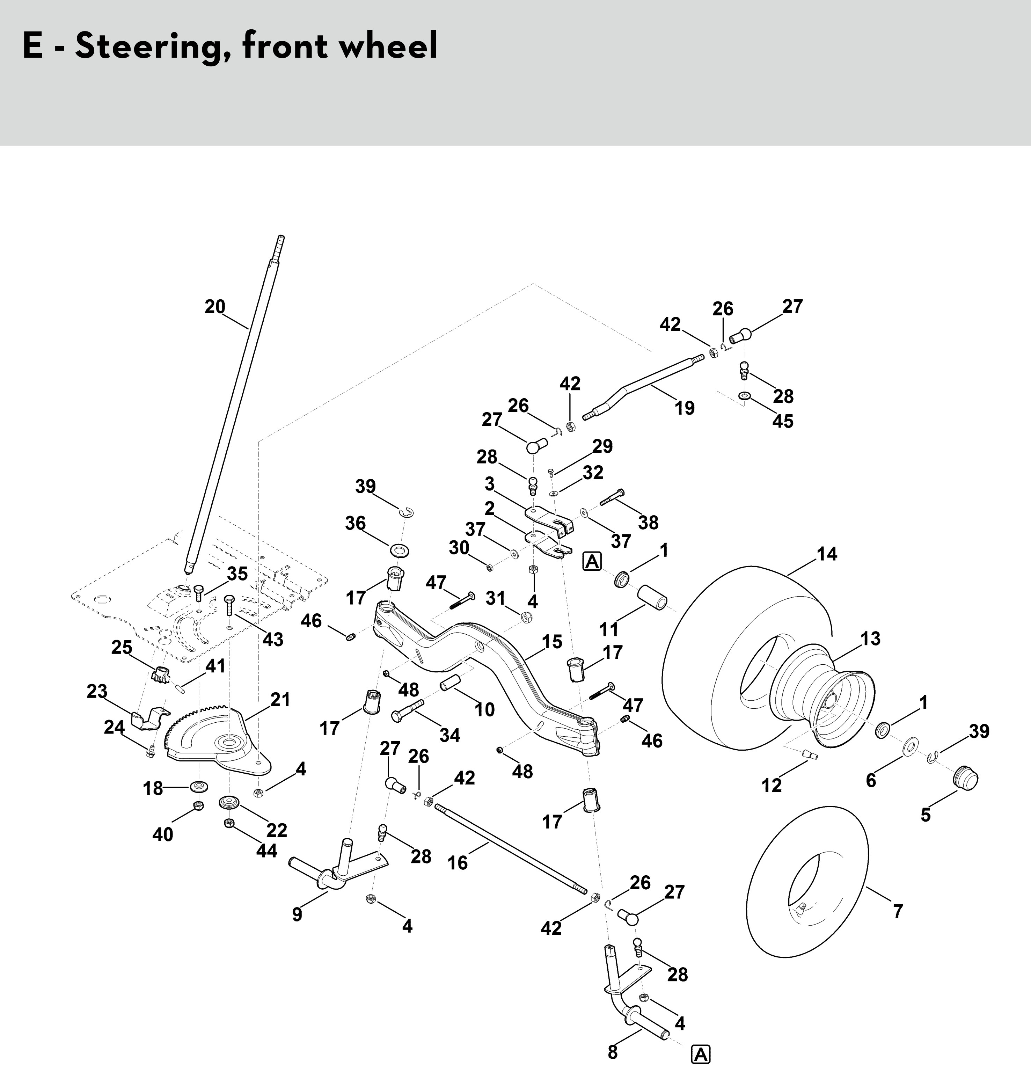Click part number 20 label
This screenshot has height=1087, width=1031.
coord(215,307)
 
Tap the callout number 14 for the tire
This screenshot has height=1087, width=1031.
coord(827,554)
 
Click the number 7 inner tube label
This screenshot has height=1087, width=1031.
coord(898,912)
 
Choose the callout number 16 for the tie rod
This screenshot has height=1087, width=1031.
coord(457,863)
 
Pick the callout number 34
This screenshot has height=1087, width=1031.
coord(449,735)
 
